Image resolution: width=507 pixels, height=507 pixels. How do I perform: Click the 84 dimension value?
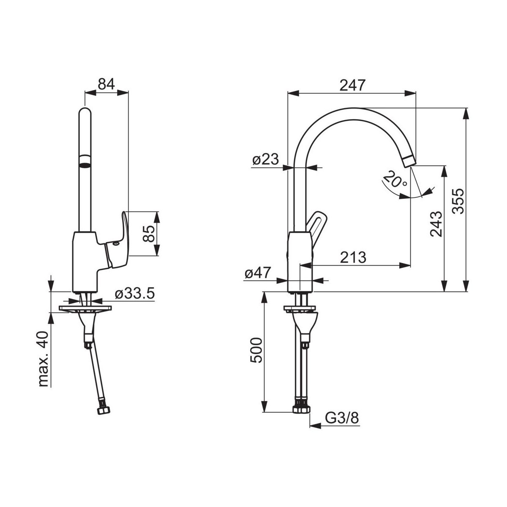pos(106,84)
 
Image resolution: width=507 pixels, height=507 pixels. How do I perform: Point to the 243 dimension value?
pos(436,224)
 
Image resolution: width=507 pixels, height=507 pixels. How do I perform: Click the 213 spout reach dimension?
pos(353,257)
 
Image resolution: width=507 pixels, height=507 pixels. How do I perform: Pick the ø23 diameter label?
pos(265,159)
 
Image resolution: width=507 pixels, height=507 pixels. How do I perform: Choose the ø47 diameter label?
pos(258,273)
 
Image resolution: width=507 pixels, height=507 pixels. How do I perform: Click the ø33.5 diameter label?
pos(135,293)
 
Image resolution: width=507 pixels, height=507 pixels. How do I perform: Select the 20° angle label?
pos(395,180)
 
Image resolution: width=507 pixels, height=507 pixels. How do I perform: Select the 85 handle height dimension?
pos(149,233)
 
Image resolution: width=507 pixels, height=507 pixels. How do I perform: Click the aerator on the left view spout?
pos(85,161)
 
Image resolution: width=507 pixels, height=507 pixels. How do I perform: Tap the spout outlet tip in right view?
pos(409,161)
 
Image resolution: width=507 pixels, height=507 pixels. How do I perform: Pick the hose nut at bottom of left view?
pos(104,410)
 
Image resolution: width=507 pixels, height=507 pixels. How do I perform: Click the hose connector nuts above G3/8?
pos(302,409)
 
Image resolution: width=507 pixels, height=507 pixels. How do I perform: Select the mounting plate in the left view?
pos(85,308)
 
